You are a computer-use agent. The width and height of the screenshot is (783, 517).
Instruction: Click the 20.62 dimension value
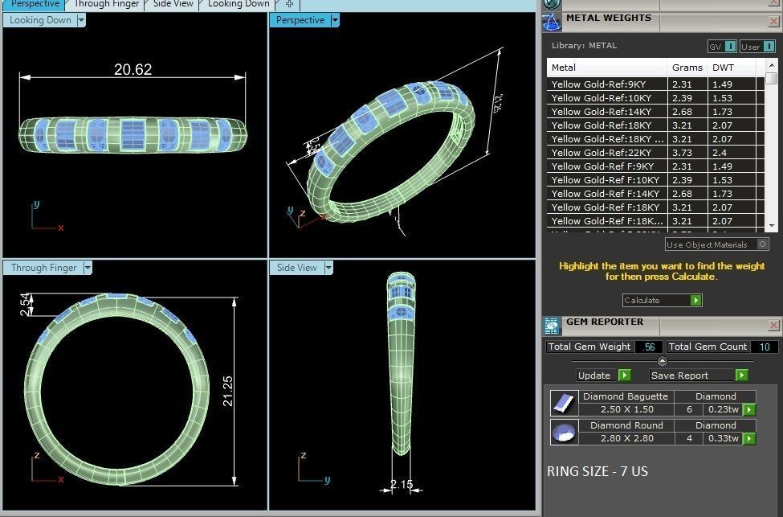[133, 70]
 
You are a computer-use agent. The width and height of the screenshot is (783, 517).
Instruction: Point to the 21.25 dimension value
[228, 391]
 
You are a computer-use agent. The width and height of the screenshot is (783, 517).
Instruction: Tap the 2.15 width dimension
[401, 484]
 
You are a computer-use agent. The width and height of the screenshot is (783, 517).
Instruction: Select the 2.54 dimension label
[24, 304]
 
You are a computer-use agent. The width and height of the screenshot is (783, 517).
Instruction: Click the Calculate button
[663, 300]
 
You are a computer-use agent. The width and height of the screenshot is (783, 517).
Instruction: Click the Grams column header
[687, 68]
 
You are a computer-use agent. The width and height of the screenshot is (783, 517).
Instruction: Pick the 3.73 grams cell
[682, 153]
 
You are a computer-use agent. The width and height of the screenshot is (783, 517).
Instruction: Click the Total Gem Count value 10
[764, 347]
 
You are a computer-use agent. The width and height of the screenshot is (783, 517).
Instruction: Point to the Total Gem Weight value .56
[649, 347]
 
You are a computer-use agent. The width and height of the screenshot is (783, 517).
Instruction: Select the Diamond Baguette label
[625, 396]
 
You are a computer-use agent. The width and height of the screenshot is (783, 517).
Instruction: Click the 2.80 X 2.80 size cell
[626, 438]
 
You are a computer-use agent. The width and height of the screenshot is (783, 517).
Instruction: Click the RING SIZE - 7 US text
[597, 471]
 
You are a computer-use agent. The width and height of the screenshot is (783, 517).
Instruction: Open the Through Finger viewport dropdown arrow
[88, 268]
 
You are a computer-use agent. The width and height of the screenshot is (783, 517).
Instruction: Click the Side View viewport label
[296, 268]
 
